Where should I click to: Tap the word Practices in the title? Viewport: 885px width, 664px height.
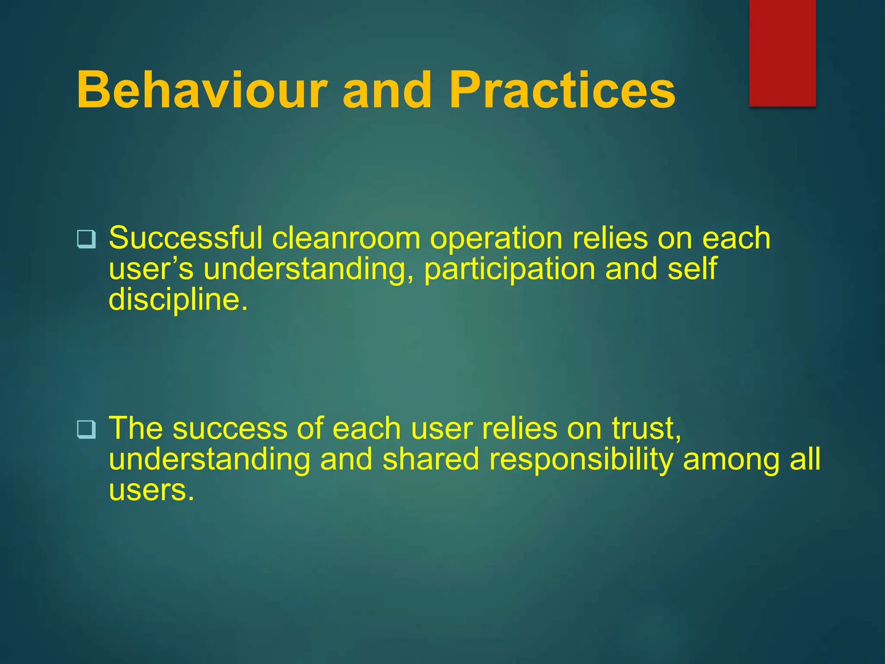pyautogui.click(x=562, y=90)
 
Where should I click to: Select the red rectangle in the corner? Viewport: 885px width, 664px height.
pyautogui.click(x=782, y=53)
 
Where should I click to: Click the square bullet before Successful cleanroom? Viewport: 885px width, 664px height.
pyautogui.click(x=86, y=239)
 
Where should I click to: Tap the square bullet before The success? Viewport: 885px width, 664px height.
pyautogui.click(x=86, y=429)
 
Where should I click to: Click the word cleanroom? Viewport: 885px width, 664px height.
pyautogui.click(x=346, y=239)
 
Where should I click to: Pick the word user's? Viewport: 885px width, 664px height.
pyautogui.click(x=151, y=270)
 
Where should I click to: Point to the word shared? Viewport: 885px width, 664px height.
pyautogui.click(x=430, y=459)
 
